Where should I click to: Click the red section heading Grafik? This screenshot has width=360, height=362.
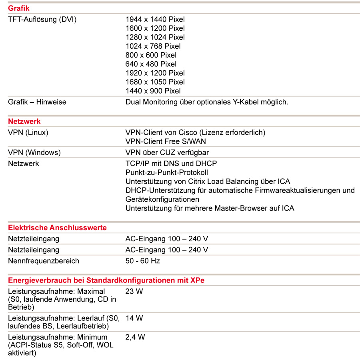pos(18,8)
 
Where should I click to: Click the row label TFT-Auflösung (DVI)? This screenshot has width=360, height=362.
pos(42,19)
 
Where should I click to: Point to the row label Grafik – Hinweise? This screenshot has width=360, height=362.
pos(37,102)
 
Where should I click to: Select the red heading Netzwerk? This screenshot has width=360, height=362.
pos(24,121)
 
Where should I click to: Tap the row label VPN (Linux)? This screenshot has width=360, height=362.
pos(28,132)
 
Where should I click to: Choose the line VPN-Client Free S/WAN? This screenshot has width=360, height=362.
pos(166,141)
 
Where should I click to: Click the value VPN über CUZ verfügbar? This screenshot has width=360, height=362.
pos(167,152)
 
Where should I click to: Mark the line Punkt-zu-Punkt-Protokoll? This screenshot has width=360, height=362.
pos(167,172)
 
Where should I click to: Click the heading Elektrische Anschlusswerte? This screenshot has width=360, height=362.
pos(57,228)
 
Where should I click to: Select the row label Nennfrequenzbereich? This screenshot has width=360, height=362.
pos(44,261)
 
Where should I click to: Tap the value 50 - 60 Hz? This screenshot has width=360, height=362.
pos(143,261)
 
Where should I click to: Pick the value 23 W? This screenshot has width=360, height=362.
pos(134,291)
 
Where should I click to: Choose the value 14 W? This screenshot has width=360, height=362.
pos(134,318)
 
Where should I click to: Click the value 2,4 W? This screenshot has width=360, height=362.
pos(135,337)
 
